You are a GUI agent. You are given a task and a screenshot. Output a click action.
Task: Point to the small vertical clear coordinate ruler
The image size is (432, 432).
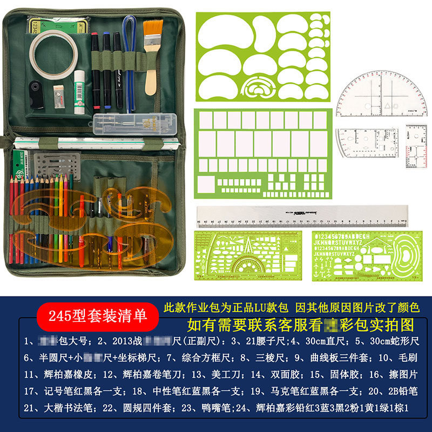click(416, 146)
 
